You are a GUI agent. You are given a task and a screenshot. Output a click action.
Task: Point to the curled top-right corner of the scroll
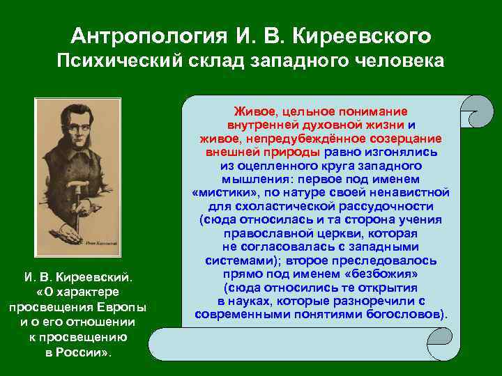click(x=473, y=111)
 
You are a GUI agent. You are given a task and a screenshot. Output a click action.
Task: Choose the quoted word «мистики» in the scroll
click(x=224, y=191)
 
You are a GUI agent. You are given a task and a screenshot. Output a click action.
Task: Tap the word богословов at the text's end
click(x=406, y=314)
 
